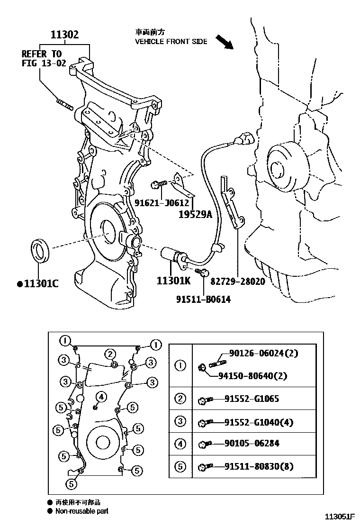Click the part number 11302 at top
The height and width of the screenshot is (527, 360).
(x=65, y=35)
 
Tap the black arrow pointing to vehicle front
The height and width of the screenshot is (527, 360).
(x=225, y=42)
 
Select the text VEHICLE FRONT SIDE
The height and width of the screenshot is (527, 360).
(x=171, y=42)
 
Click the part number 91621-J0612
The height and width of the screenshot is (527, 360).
(x=162, y=202)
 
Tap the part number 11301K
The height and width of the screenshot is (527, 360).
(x=173, y=281)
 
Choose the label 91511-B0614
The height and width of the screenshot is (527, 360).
(x=203, y=300)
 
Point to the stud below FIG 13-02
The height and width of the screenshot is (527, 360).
(x=65, y=103)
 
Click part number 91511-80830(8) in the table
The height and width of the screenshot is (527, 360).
(x=259, y=466)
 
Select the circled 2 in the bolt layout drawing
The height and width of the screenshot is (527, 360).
(x=110, y=354)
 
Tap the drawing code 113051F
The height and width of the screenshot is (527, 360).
(x=340, y=516)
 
